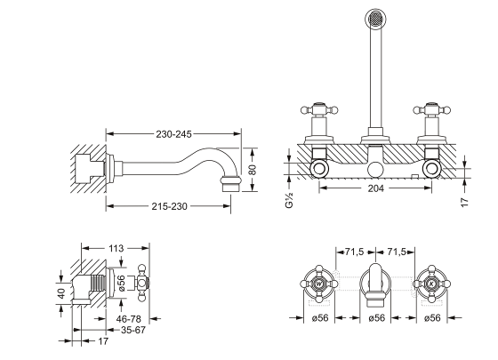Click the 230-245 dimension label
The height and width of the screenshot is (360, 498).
tap(173, 134)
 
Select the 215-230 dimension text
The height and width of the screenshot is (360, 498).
tap(169, 206)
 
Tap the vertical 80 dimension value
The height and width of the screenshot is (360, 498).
tap(252, 170)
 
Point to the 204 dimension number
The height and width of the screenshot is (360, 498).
tap(375, 188)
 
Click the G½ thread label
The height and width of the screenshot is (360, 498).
tap(289, 200)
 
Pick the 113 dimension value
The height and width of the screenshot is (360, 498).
tap(116, 248)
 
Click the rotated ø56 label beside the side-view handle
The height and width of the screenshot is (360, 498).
tap(121, 284)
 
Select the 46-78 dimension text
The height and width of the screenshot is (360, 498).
tap(129, 319)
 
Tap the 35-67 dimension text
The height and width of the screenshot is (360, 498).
tap(133, 330)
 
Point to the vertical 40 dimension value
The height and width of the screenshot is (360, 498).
tap(61, 293)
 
